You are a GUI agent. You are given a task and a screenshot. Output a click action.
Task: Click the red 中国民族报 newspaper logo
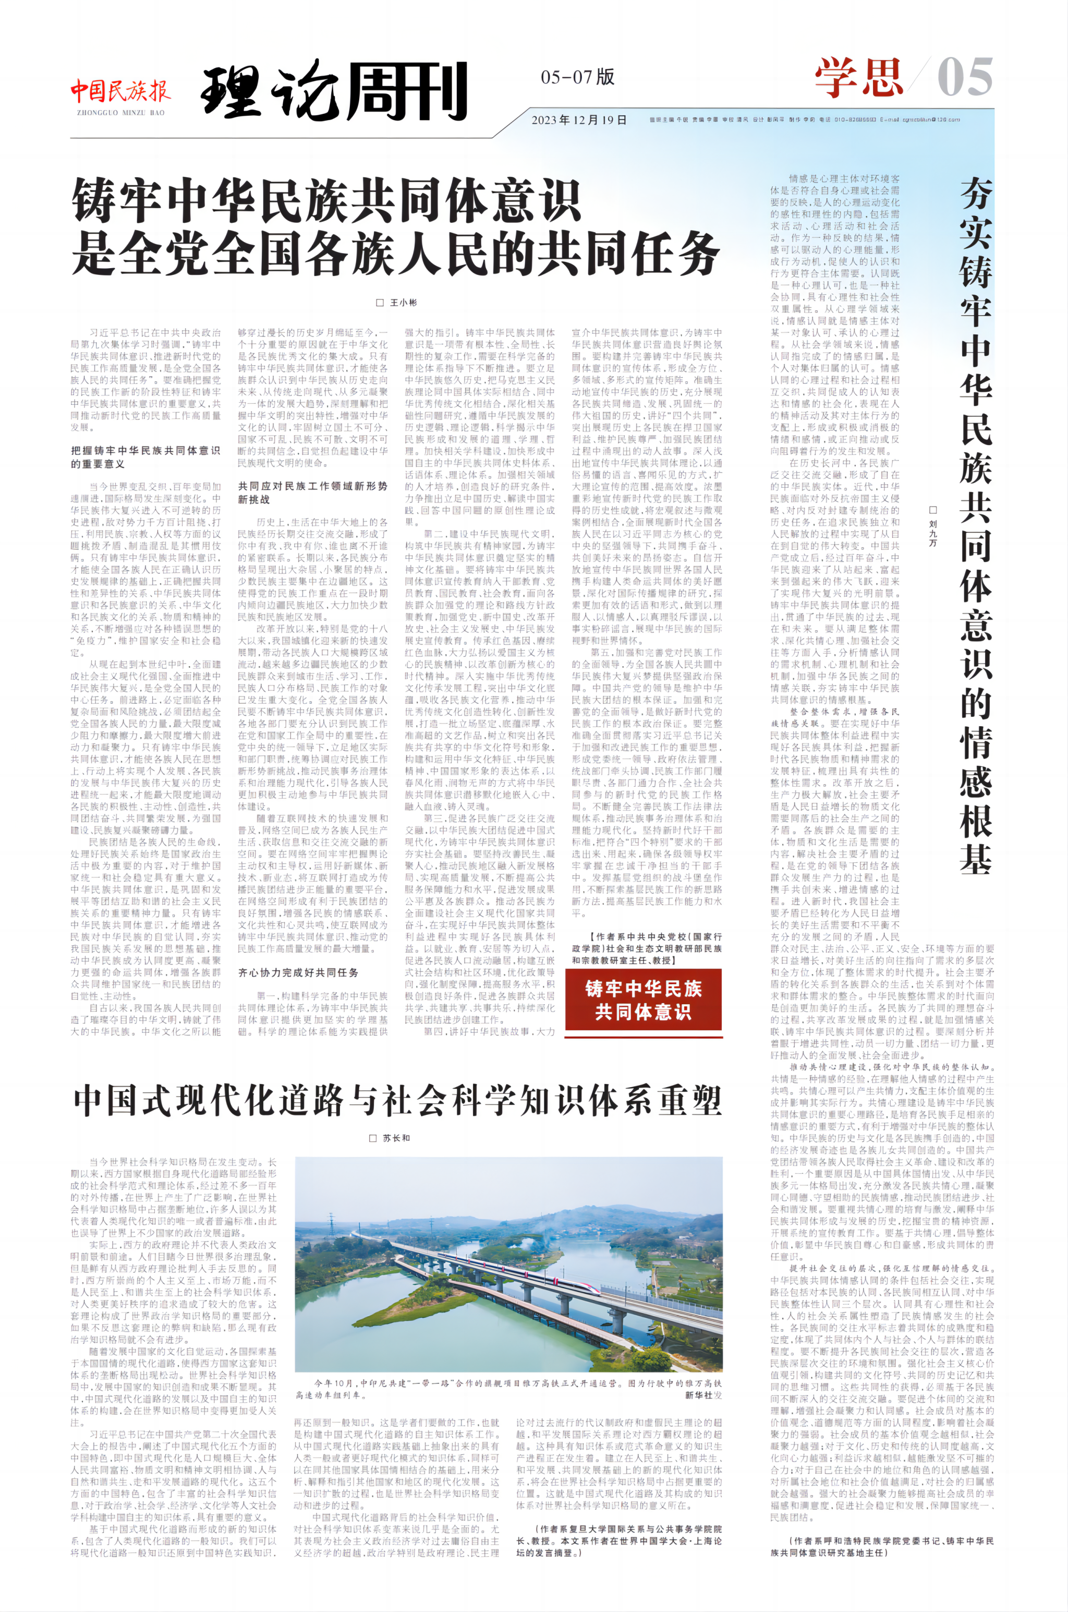pos(120,91)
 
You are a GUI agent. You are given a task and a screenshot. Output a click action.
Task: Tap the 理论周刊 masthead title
pos(334,91)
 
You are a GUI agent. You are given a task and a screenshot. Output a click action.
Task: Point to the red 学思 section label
pos(859,78)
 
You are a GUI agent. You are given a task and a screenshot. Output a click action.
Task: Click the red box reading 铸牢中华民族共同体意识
pos(643,1000)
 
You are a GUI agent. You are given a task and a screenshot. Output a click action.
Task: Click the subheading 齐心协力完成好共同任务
pos(298,972)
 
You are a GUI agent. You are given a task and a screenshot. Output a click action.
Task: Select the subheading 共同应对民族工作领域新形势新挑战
pos(312,492)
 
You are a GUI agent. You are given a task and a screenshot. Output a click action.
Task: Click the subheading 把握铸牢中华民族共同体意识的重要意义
pos(145,457)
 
